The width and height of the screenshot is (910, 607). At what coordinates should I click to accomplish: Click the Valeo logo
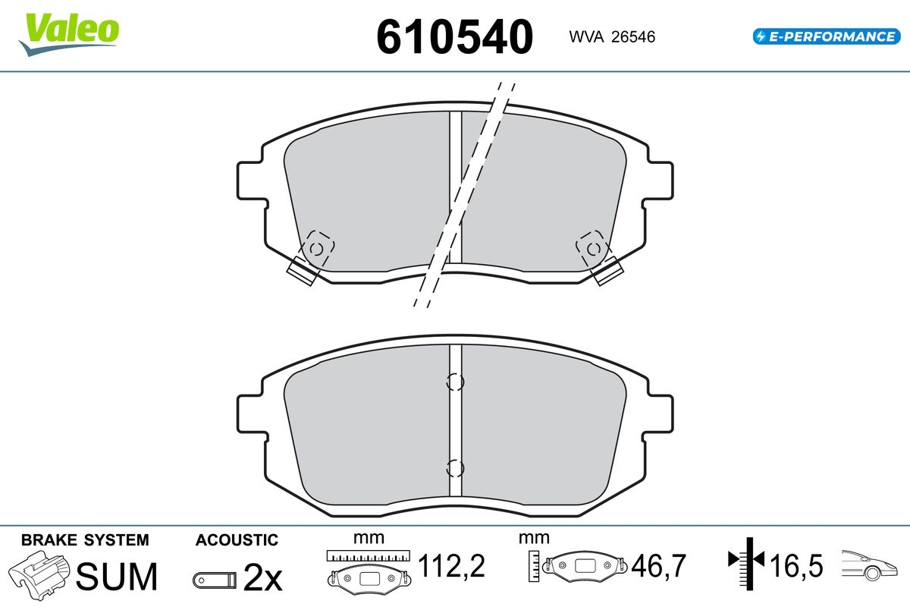(x=69, y=34)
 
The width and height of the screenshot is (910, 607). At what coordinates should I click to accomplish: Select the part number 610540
(x=454, y=37)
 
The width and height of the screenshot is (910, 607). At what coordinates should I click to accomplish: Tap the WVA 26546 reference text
(x=612, y=37)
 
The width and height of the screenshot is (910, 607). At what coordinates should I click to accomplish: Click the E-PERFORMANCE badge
(x=827, y=36)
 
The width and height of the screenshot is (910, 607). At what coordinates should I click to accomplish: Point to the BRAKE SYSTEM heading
(x=85, y=540)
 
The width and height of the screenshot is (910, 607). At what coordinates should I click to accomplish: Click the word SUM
(x=117, y=577)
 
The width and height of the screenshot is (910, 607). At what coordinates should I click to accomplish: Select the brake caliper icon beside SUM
(x=39, y=575)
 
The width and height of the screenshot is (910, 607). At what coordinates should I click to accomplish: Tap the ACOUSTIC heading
(x=237, y=540)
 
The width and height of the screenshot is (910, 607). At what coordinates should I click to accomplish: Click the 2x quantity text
(x=262, y=577)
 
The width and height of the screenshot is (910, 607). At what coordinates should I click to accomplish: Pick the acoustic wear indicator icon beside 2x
(x=215, y=580)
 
